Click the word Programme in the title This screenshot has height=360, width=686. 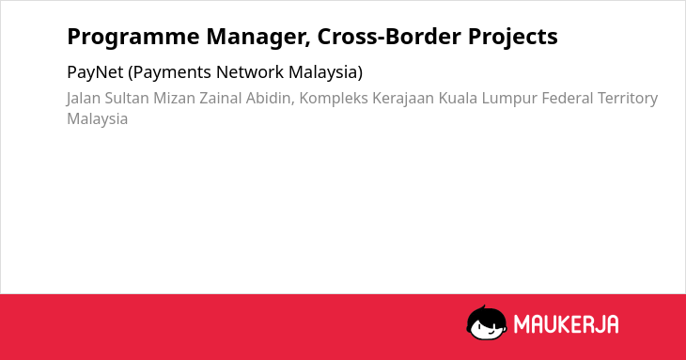(x=133, y=37)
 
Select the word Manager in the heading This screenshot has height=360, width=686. (x=258, y=37)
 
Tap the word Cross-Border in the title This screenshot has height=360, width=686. (x=389, y=37)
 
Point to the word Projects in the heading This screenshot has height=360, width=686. (x=513, y=37)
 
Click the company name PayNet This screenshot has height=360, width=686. (x=95, y=72)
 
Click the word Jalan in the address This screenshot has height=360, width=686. (x=84, y=99)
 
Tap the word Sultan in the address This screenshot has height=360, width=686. (x=127, y=98)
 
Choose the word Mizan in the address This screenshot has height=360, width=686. (x=174, y=98)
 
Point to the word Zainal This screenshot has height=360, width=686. (x=221, y=98)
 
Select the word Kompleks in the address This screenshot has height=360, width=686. (x=334, y=99)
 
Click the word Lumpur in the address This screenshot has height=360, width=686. (x=509, y=99)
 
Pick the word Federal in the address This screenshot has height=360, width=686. (x=568, y=98)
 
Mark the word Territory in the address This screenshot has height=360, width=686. (x=628, y=99)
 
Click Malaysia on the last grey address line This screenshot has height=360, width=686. (x=98, y=119)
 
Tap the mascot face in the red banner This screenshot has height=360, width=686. (x=487, y=323)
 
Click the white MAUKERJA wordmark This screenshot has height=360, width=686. (x=566, y=324)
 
